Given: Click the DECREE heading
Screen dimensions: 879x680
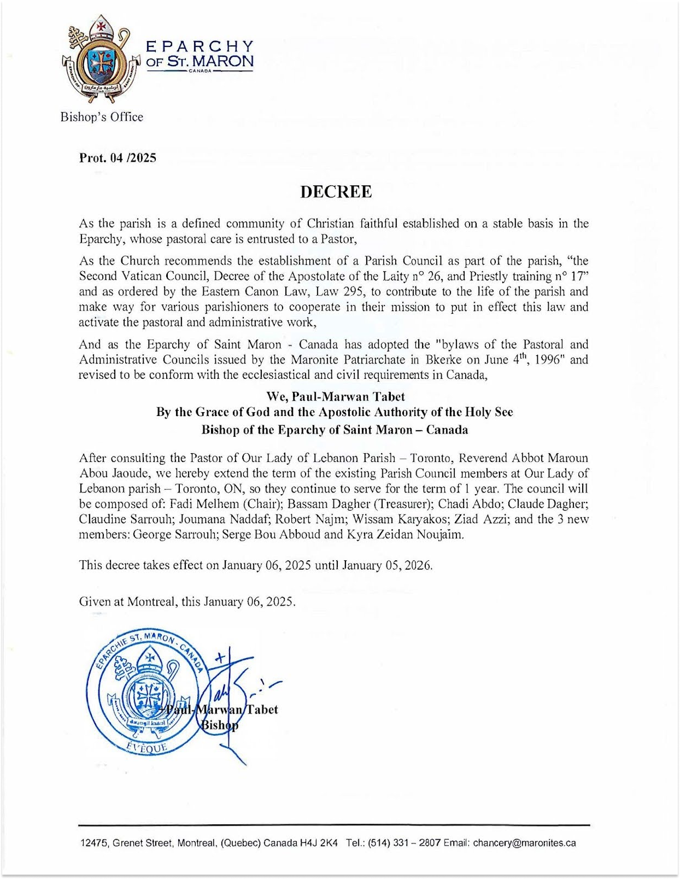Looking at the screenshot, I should (336, 192).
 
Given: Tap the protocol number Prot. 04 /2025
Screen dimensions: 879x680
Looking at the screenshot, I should (118, 158).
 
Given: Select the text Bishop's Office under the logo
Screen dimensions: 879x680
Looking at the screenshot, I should (102, 117).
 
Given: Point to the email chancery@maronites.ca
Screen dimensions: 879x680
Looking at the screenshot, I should (524, 843).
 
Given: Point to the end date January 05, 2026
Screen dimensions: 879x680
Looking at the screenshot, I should (387, 565).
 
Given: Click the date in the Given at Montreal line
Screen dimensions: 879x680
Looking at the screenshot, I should (249, 602).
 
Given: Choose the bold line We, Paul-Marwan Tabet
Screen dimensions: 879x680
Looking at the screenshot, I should (335, 396).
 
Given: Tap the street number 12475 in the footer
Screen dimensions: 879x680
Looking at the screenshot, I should (94, 843).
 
